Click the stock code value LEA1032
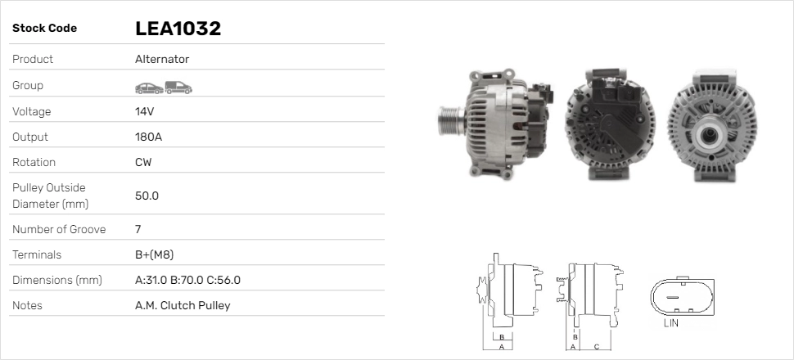178,29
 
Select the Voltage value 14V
144,111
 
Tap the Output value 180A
148,137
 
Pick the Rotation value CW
143,162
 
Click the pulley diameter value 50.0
147,196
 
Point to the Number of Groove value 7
138,229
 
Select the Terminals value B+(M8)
155,254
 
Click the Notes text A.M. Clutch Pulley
183,305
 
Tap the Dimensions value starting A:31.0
188,280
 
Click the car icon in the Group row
149,88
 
